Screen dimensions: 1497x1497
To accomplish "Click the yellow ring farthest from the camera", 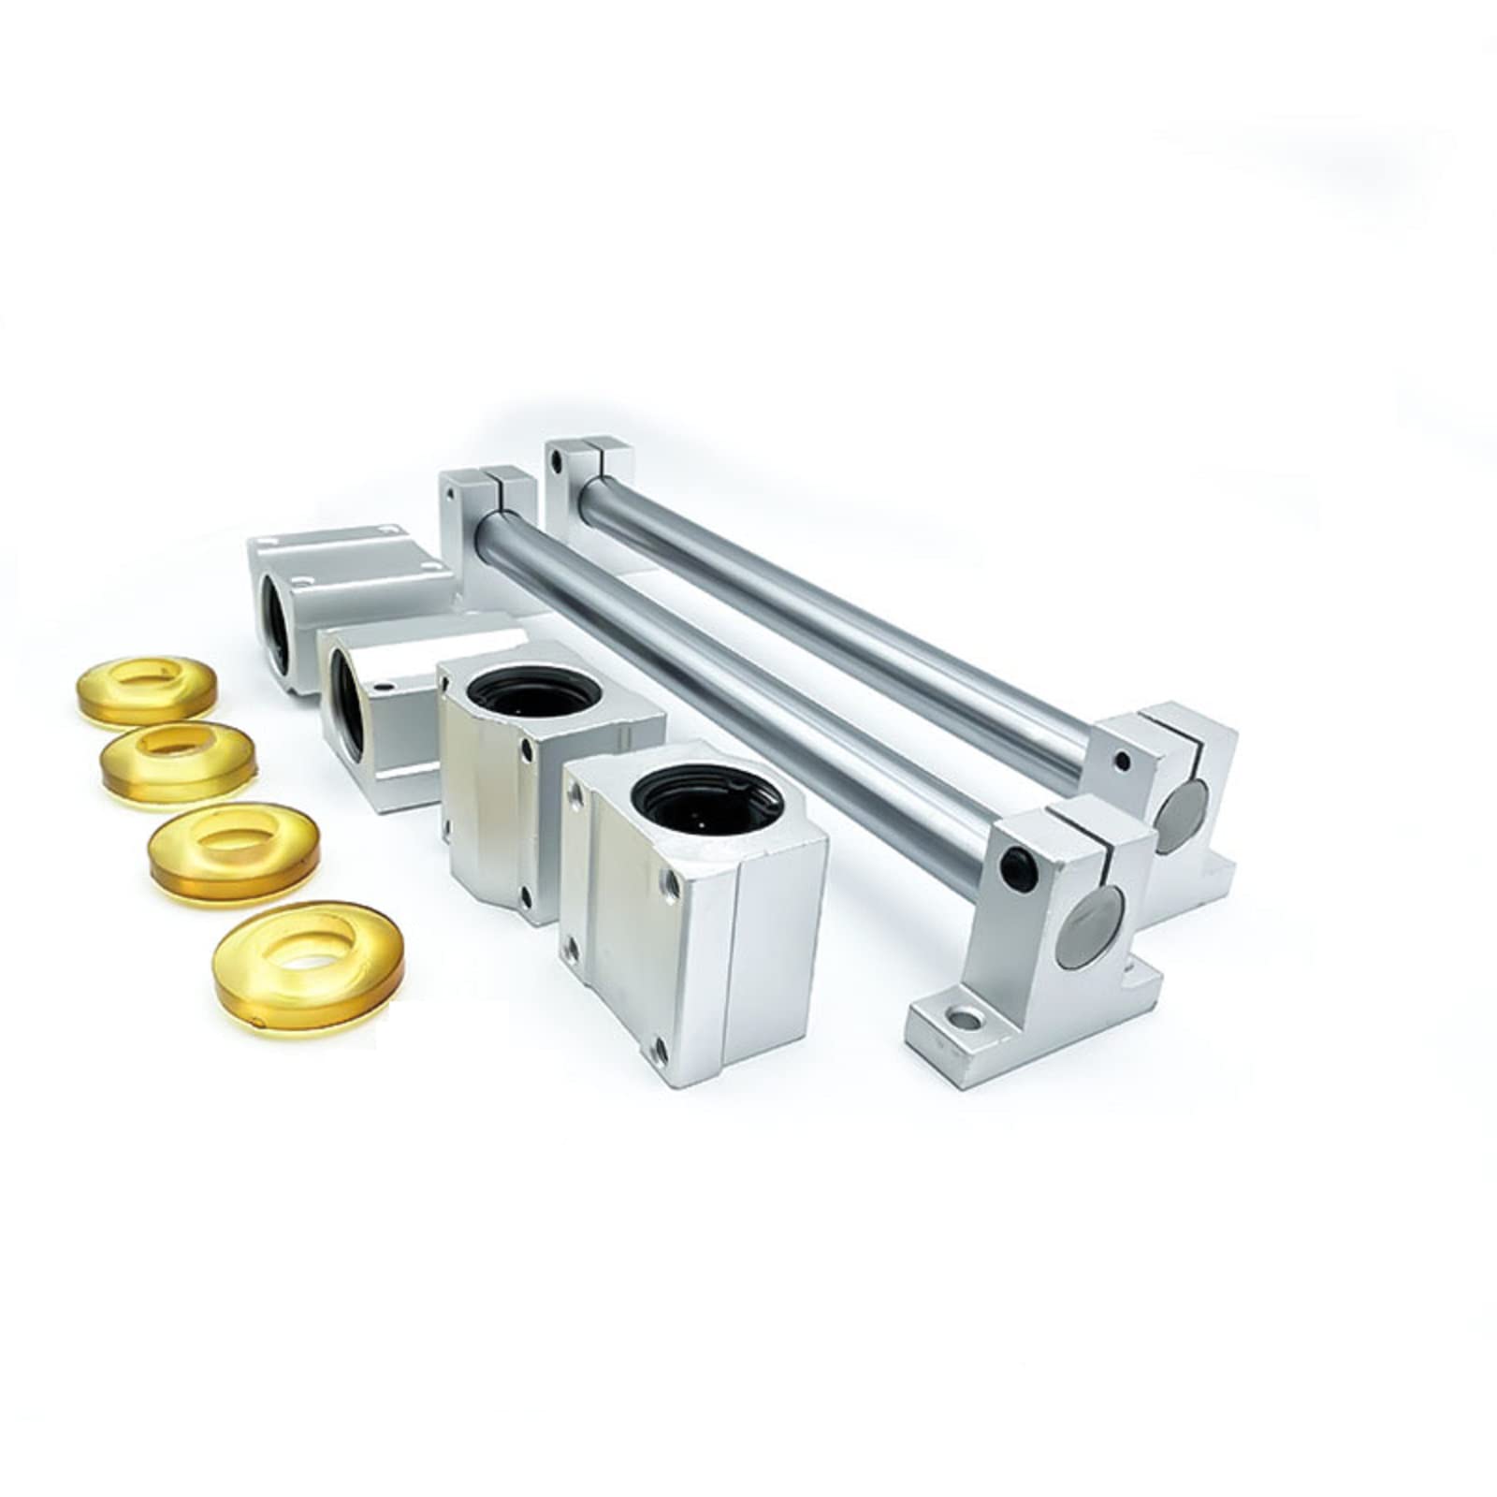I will point(146,691).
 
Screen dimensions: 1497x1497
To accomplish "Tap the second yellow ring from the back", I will point(178,763).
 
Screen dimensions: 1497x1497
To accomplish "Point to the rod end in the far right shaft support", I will point(1182,804).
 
